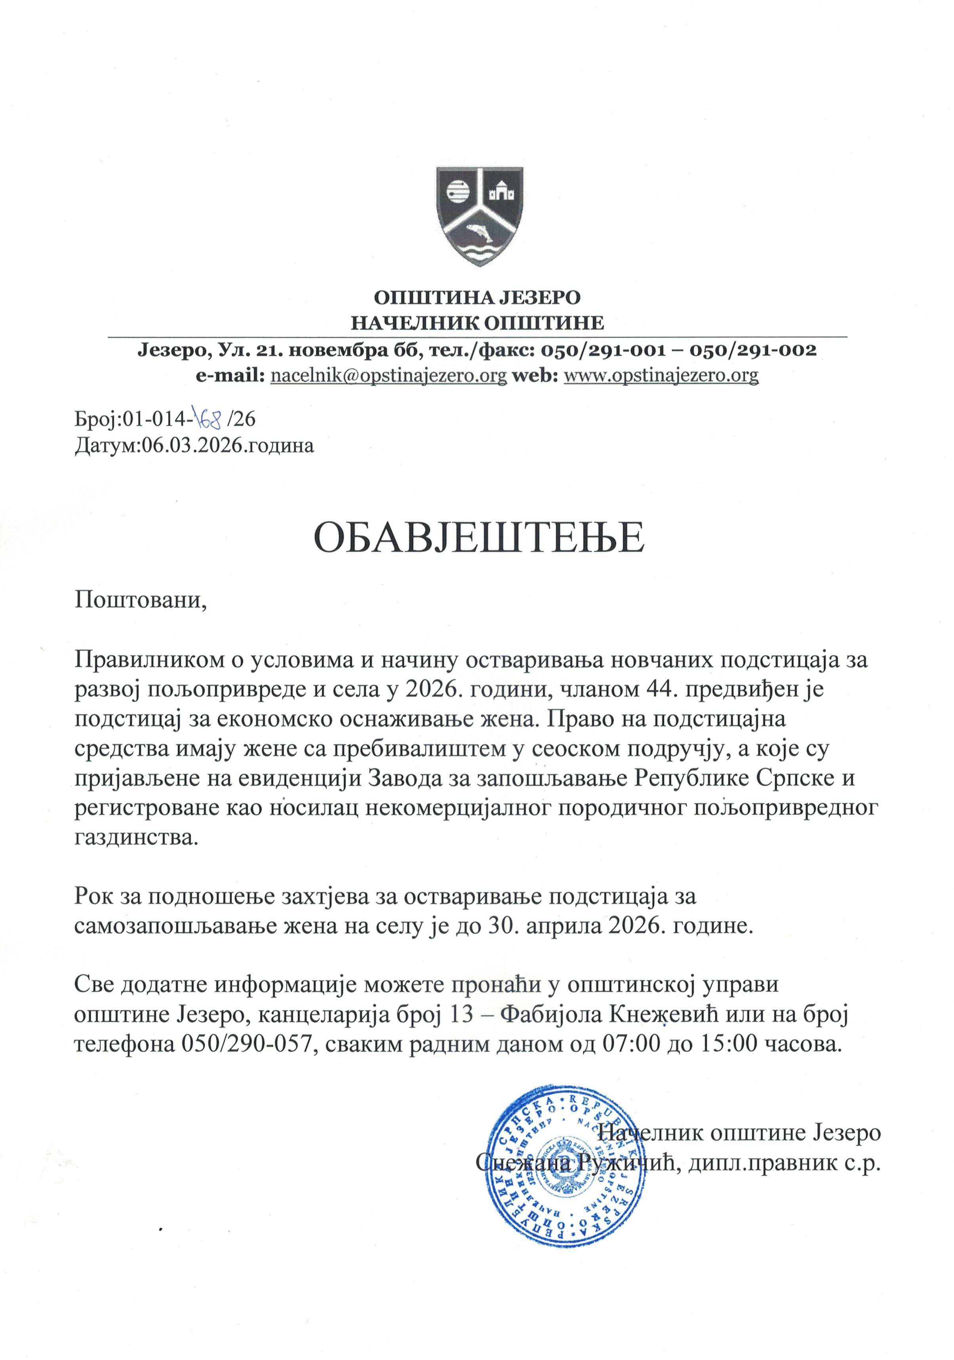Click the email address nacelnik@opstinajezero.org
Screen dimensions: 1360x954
[388, 376]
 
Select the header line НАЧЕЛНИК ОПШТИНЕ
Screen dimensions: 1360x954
[478, 323]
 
